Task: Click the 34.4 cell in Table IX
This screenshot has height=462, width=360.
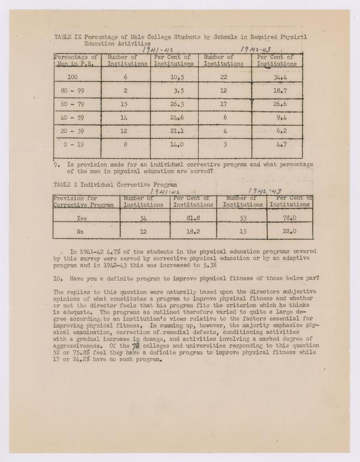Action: [x=277, y=78]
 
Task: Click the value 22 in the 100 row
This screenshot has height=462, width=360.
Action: [x=223, y=78]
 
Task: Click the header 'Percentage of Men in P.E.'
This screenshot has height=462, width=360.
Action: [x=76, y=60]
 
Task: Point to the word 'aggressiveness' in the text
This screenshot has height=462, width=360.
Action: [x=79, y=346]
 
